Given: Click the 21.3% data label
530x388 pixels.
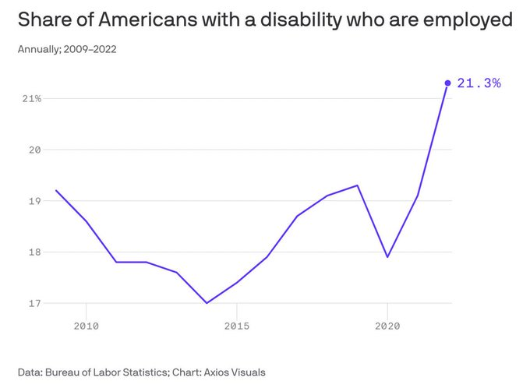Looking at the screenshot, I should [x=479, y=83].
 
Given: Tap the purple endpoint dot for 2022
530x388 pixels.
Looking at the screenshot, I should [x=447, y=83].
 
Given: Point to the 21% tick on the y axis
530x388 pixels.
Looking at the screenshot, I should [x=32, y=99].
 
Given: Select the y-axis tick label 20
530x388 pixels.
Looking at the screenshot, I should [x=35, y=150].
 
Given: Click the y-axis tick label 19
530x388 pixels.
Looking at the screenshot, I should [x=35, y=201].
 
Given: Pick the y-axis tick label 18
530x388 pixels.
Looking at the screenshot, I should [x=35, y=252].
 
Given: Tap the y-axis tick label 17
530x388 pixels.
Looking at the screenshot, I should [x=35, y=303].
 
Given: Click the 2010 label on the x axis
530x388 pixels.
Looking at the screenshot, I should [x=86, y=326].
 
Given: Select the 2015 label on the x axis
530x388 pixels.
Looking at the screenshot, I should [x=237, y=326].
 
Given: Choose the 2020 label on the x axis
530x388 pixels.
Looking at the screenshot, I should [x=387, y=326].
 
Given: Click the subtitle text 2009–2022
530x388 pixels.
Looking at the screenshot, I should [x=91, y=50].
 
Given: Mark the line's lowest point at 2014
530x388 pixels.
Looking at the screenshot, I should [x=207, y=303].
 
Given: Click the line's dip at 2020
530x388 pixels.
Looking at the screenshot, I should [x=387, y=257].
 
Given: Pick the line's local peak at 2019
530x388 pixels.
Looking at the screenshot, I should [x=357, y=185].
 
